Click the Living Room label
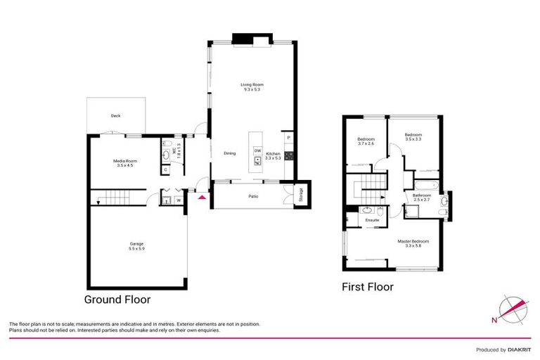pos(253,87)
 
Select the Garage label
pos(136,246)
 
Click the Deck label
pos(115,116)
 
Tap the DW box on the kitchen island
pos(257,150)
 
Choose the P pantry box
pos(288,137)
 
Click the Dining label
pos(230,153)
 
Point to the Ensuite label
pos(372,220)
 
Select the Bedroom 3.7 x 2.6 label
pos(366,141)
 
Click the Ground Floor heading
pos(117,299)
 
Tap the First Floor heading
pos(367,287)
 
